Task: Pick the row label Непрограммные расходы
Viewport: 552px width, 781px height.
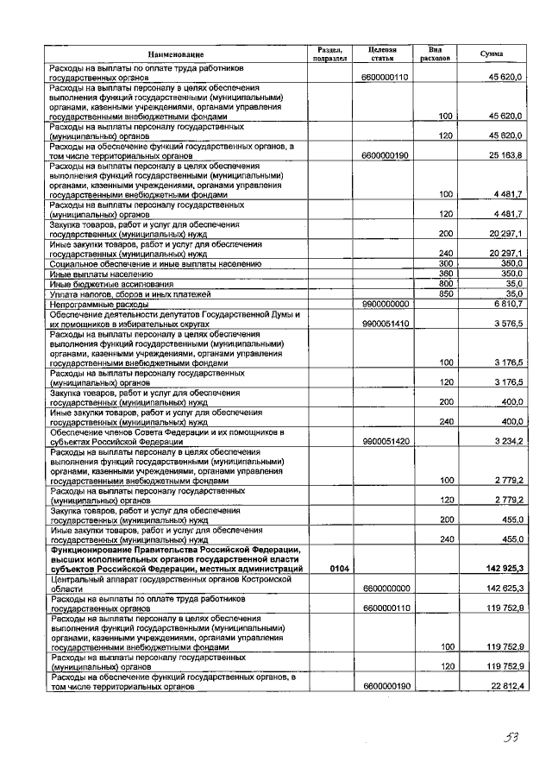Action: (99, 305)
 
